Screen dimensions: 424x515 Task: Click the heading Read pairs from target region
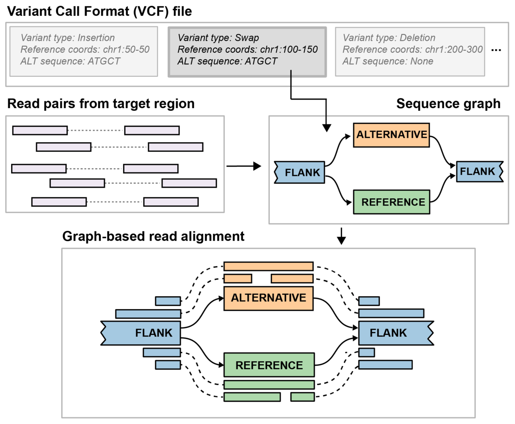(101, 104)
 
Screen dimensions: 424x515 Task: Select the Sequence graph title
(448, 104)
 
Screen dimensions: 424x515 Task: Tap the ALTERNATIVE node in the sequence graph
(391, 135)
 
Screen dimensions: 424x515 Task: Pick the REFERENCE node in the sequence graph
(391, 202)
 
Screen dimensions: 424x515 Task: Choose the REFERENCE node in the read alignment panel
(269, 365)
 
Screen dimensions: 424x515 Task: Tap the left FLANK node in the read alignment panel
(141, 332)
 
